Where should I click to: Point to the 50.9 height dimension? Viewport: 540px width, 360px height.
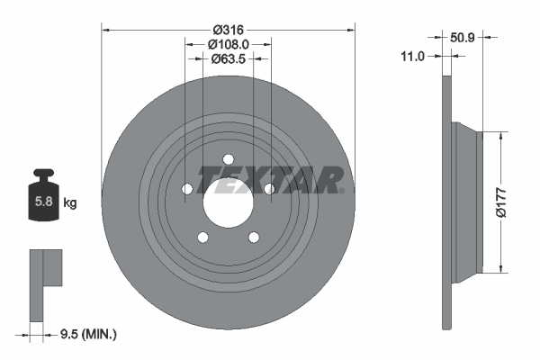click(x=462, y=39)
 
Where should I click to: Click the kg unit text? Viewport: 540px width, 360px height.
click(x=70, y=203)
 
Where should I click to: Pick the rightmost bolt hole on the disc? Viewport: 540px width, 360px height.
click(x=268, y=188)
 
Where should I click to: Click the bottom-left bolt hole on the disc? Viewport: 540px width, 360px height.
click(x=202, y=237)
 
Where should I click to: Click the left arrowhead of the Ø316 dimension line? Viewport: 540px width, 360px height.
click(x=105, y=29)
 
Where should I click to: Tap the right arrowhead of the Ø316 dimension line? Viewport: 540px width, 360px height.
click(x=352, y=29)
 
